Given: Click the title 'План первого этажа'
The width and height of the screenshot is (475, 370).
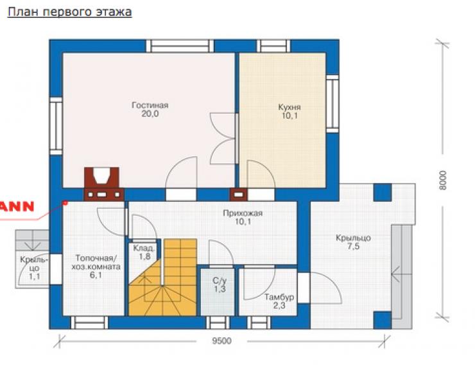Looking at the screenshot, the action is [x=70, y=12].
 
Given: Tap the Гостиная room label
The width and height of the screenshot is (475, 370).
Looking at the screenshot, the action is [x=150, y=105].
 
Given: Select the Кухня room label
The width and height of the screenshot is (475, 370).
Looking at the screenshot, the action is [x=289, y=107].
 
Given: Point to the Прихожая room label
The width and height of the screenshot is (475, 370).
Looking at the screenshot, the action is [x=243, y=213].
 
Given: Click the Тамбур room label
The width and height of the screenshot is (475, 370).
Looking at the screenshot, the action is [x=279, y=297].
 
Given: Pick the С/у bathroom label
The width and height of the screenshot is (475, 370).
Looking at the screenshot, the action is [x=220, y=280].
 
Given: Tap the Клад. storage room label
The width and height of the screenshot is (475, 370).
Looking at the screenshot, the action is [x=144, y=248].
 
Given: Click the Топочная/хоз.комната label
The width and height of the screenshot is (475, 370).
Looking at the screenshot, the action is [x=96, y=262].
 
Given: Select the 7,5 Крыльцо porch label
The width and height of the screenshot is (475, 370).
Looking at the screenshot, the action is [x=353, y=242].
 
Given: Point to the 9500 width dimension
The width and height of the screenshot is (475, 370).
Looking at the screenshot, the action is [x=221, y=341].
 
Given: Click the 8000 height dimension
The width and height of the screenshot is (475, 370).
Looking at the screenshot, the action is [x=443, y=180].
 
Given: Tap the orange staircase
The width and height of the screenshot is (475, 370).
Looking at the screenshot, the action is [x=162, y=277].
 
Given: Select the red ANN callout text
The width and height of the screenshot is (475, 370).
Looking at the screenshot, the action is [x=17, y=207].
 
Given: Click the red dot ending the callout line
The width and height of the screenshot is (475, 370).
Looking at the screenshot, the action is [x=65, y=202].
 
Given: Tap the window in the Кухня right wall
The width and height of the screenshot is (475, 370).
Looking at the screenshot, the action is [x=332, y=103].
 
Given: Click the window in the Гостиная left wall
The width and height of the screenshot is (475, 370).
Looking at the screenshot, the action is [x=56, y=126].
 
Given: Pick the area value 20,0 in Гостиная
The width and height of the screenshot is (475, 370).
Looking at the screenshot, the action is [x=150, y=114].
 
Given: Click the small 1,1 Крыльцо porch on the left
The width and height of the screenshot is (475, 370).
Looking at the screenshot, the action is [x=32, y=259].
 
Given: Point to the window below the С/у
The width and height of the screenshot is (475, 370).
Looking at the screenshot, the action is [x=218, y=322].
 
